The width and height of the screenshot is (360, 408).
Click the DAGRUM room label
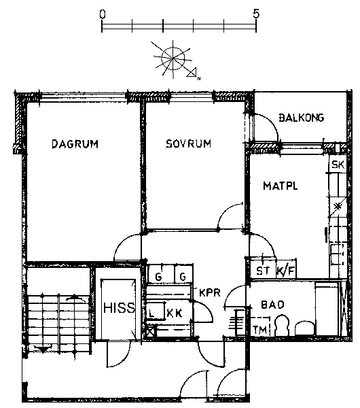[75, 144]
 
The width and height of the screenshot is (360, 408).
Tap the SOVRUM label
[188, 143]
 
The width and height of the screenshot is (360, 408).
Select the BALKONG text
[302, 118]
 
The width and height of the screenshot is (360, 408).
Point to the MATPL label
[281, 186]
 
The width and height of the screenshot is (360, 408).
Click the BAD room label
[272, 305]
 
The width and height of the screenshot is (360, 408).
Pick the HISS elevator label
[120, 308]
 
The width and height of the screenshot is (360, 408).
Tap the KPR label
[210, 292]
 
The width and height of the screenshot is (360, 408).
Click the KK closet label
[175, 313]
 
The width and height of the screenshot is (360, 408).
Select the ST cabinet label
[263, 271]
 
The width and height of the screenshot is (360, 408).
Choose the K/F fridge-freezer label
[286, 271]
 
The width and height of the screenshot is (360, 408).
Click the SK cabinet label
[338, 165]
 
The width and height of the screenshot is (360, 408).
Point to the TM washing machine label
[260, 330]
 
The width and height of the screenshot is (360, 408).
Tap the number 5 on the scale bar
[256, 14]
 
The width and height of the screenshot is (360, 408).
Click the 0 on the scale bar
[103, 14]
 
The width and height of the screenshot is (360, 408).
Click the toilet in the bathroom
[282, 326]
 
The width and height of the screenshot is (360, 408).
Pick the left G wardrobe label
[158, 276]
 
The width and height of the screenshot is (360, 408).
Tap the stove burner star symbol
[338, 207]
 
